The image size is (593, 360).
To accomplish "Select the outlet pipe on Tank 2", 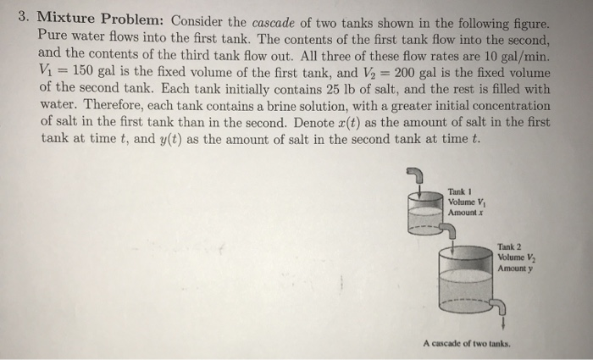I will pos(503,306).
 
